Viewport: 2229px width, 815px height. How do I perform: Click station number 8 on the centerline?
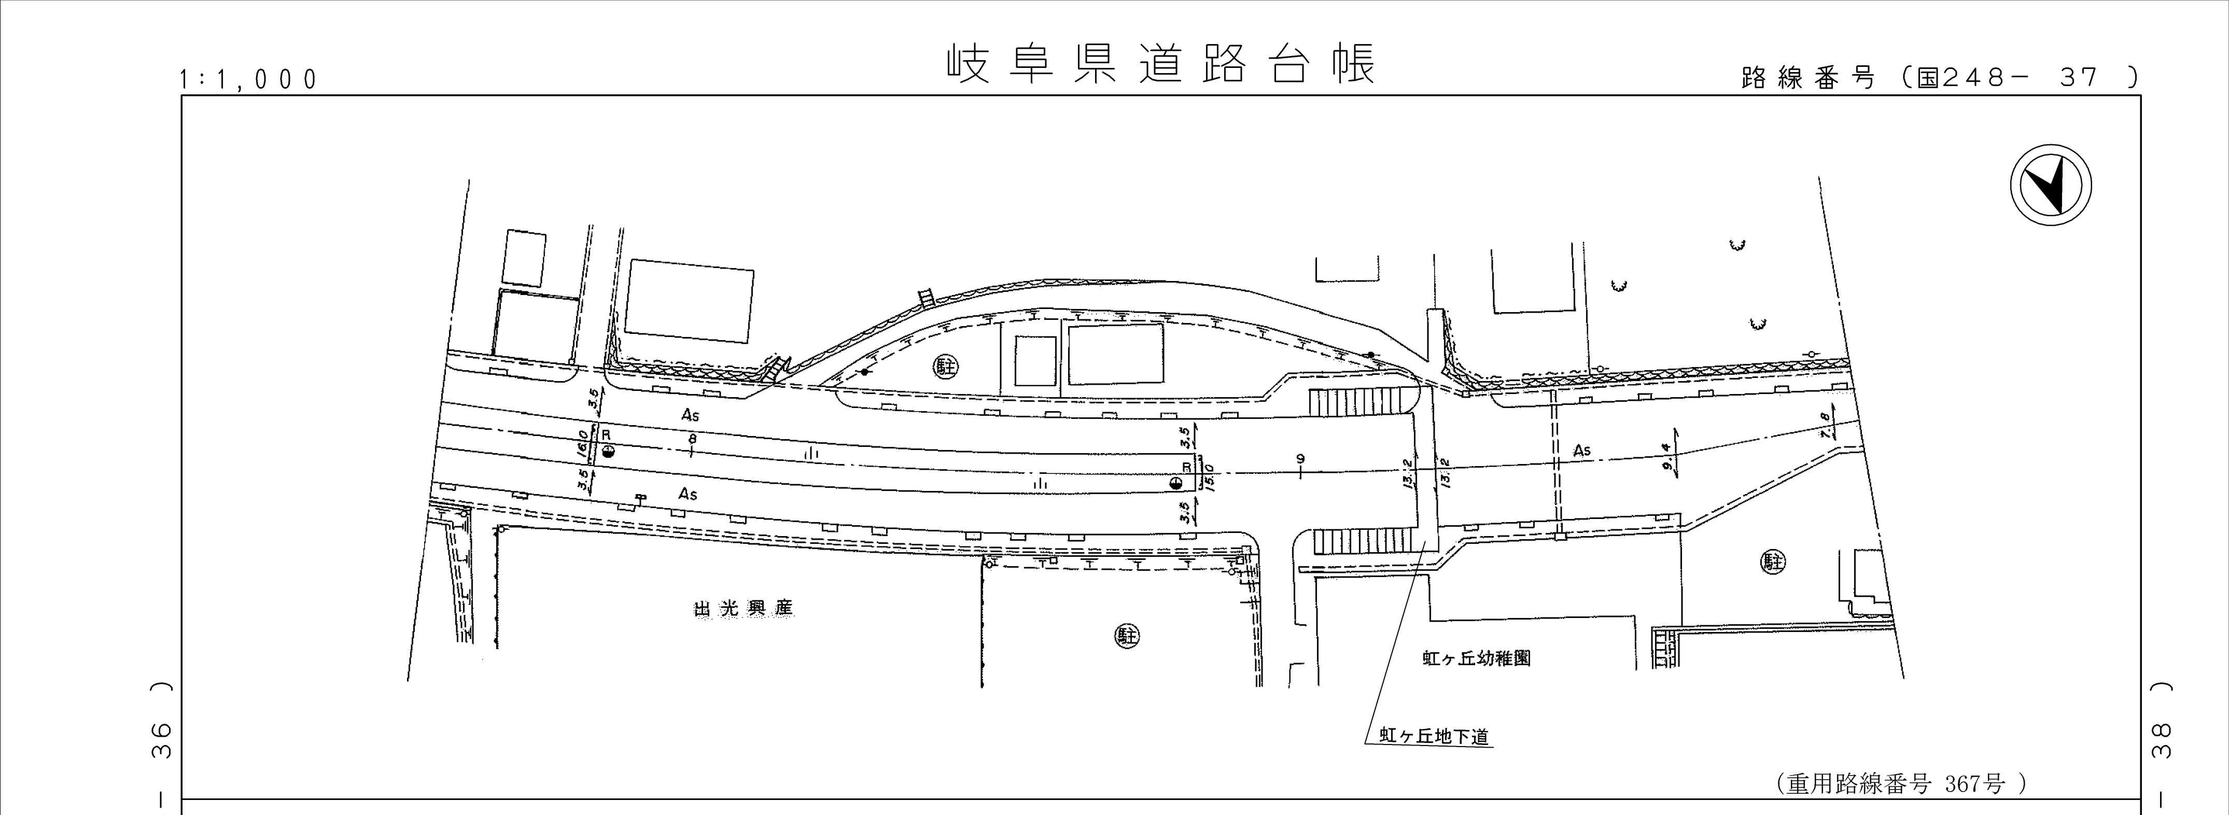[x=692, y=440]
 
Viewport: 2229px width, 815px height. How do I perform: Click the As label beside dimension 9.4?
[x=1582, y=450]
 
